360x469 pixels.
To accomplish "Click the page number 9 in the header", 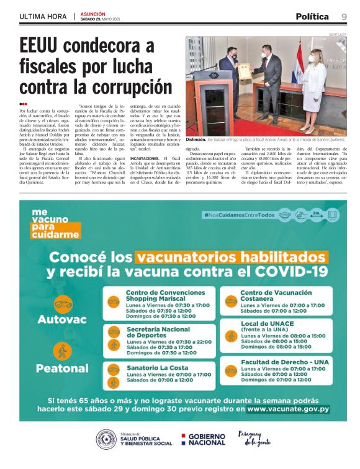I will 344,16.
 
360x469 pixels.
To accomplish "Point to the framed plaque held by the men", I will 245,70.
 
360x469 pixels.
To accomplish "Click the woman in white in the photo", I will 313,87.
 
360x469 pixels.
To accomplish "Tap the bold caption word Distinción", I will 199,140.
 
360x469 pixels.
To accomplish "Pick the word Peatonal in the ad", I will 62,368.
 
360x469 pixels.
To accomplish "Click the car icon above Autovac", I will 63,304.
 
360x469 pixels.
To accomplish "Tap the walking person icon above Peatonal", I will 62,351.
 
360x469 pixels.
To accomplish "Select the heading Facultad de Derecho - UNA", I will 284,361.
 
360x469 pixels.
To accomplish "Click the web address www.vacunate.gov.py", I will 288,409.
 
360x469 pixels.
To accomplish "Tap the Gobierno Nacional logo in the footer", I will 203,439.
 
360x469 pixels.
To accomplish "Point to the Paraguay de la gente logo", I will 254,438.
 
